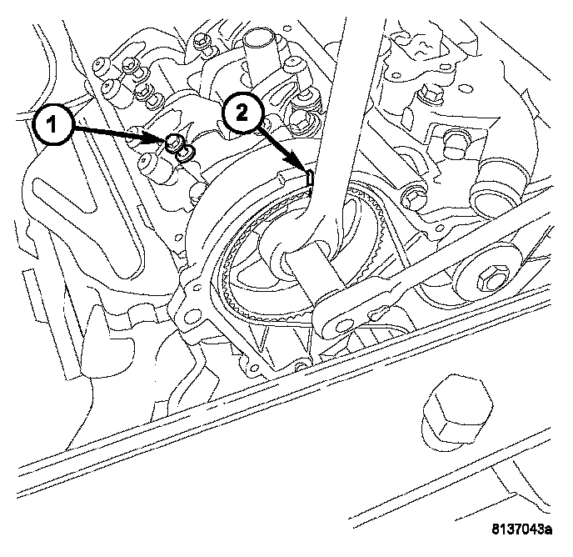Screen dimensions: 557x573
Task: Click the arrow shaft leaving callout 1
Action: (x=117, y=135)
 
